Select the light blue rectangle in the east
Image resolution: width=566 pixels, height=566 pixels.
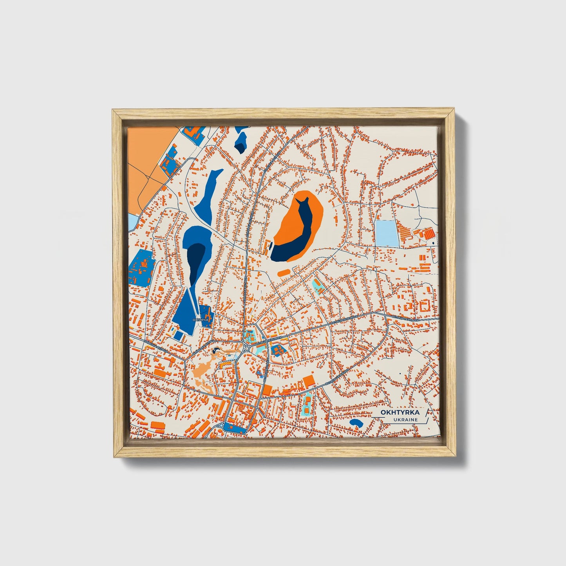pos(385,233)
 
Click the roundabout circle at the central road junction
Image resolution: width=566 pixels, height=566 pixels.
pos(246,348)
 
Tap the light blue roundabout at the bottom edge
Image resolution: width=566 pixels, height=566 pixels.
pos(221,425)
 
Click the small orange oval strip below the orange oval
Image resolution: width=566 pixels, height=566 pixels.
pos(284,271)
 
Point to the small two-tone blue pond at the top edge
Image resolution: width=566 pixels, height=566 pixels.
pos(241,141)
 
